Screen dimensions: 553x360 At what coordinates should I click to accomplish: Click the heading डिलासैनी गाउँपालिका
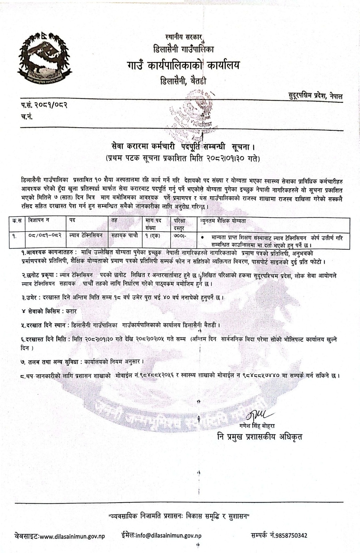(183, 49)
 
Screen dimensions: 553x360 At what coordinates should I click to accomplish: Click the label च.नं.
(26, 117)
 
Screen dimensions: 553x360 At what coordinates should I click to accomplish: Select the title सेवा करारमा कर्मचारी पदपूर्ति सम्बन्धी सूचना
(183, 148)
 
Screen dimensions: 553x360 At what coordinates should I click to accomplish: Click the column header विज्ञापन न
(39, 220)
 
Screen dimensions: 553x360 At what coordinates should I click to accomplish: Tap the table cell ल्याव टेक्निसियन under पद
(86, 235)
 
